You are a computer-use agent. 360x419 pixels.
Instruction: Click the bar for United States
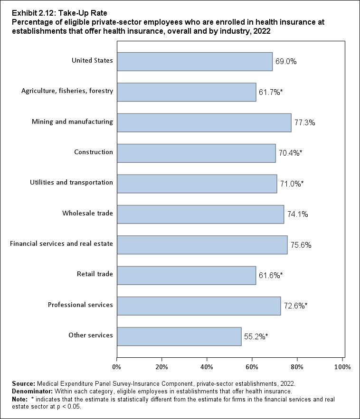[194, 62]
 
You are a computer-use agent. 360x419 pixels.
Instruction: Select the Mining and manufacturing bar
[204, 122]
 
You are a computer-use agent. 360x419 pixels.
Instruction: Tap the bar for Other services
[179, 336]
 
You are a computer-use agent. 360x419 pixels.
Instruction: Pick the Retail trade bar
[186, 275]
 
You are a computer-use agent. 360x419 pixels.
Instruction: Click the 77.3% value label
[305, 122]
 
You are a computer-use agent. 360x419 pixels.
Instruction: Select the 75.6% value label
[301, 245]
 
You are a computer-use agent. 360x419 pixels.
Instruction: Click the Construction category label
[94, 152]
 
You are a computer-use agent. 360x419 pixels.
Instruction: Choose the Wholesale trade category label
[88, 213]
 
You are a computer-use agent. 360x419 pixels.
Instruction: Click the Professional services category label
[80, 305]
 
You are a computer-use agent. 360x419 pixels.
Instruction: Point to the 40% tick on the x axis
[207, 367]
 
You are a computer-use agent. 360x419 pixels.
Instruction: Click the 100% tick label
[342, 367]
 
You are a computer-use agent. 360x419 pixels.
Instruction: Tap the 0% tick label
[117, 367]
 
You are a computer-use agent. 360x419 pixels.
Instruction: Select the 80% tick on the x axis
[297, 367]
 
